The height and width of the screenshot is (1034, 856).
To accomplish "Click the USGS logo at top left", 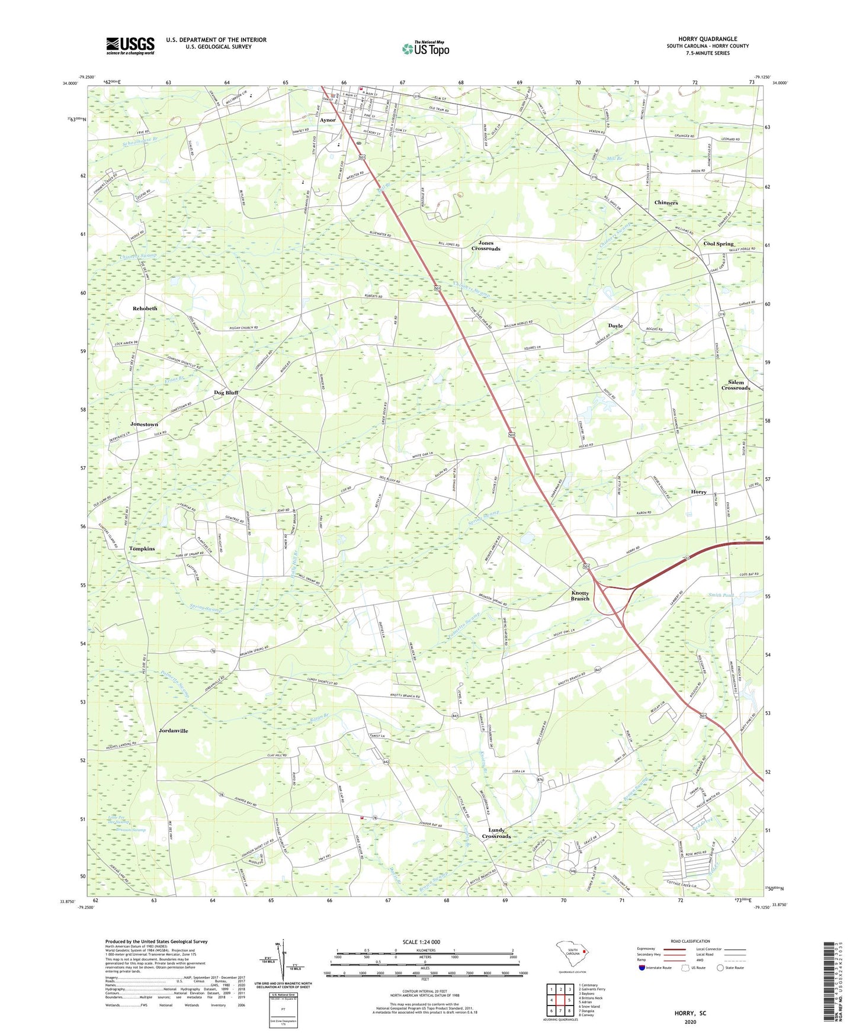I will coord(130,46).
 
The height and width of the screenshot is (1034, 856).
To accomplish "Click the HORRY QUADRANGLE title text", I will coord(707,39).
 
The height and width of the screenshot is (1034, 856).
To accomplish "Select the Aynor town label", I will coord(328,120).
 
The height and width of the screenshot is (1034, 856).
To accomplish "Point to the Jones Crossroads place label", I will coord(486,246).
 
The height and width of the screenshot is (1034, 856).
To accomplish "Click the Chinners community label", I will coord(666,203).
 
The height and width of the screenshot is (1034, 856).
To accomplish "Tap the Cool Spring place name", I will coord(718,244).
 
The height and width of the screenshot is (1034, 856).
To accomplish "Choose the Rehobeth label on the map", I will coord(145,309).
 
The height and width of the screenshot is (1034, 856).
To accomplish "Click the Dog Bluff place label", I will coord(226,392).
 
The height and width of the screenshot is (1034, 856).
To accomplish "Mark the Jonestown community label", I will coord(144,425).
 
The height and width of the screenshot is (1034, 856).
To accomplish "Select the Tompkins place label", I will coord(142,549).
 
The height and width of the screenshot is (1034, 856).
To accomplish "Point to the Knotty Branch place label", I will coord(580,596).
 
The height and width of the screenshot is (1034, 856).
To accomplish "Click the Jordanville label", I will coord(174,731).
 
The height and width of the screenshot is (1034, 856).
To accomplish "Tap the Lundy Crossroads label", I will coord(496,833).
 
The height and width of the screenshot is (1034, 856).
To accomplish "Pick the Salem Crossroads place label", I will coord(735,386).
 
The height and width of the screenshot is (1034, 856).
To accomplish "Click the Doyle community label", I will coord(615,326).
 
